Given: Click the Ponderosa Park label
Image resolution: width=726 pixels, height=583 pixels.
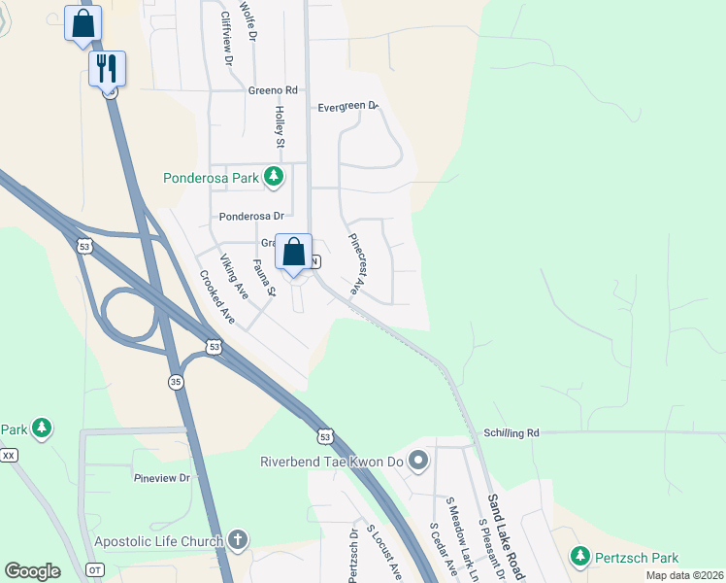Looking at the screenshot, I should [x=212, y=177].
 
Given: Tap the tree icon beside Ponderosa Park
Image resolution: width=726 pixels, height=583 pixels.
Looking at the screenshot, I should [x=275, y=176].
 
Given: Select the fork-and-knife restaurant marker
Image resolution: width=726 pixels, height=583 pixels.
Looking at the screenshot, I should [x=108, y=68].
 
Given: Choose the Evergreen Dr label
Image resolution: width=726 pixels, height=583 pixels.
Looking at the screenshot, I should [x=347, y=107].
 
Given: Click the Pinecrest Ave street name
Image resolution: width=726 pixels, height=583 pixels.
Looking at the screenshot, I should [x=355, y=262].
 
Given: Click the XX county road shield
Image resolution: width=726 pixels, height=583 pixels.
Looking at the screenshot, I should [x=9, y=455].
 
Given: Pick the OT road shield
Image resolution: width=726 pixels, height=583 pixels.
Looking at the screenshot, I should [x=94, y=569].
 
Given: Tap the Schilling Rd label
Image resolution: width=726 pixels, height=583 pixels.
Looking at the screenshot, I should [x=511, y=432].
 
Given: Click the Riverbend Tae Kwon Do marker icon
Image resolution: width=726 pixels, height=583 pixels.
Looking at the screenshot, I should [x=419, y=460].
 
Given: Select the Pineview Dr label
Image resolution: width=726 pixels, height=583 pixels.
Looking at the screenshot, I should [x=163, y=477].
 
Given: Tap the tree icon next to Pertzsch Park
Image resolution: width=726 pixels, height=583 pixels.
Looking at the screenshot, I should [x=580, y=557].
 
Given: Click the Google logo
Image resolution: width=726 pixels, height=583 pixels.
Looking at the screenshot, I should [x=33, y=571].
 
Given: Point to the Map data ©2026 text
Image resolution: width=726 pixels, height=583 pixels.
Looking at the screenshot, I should [x=683, y=575].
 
